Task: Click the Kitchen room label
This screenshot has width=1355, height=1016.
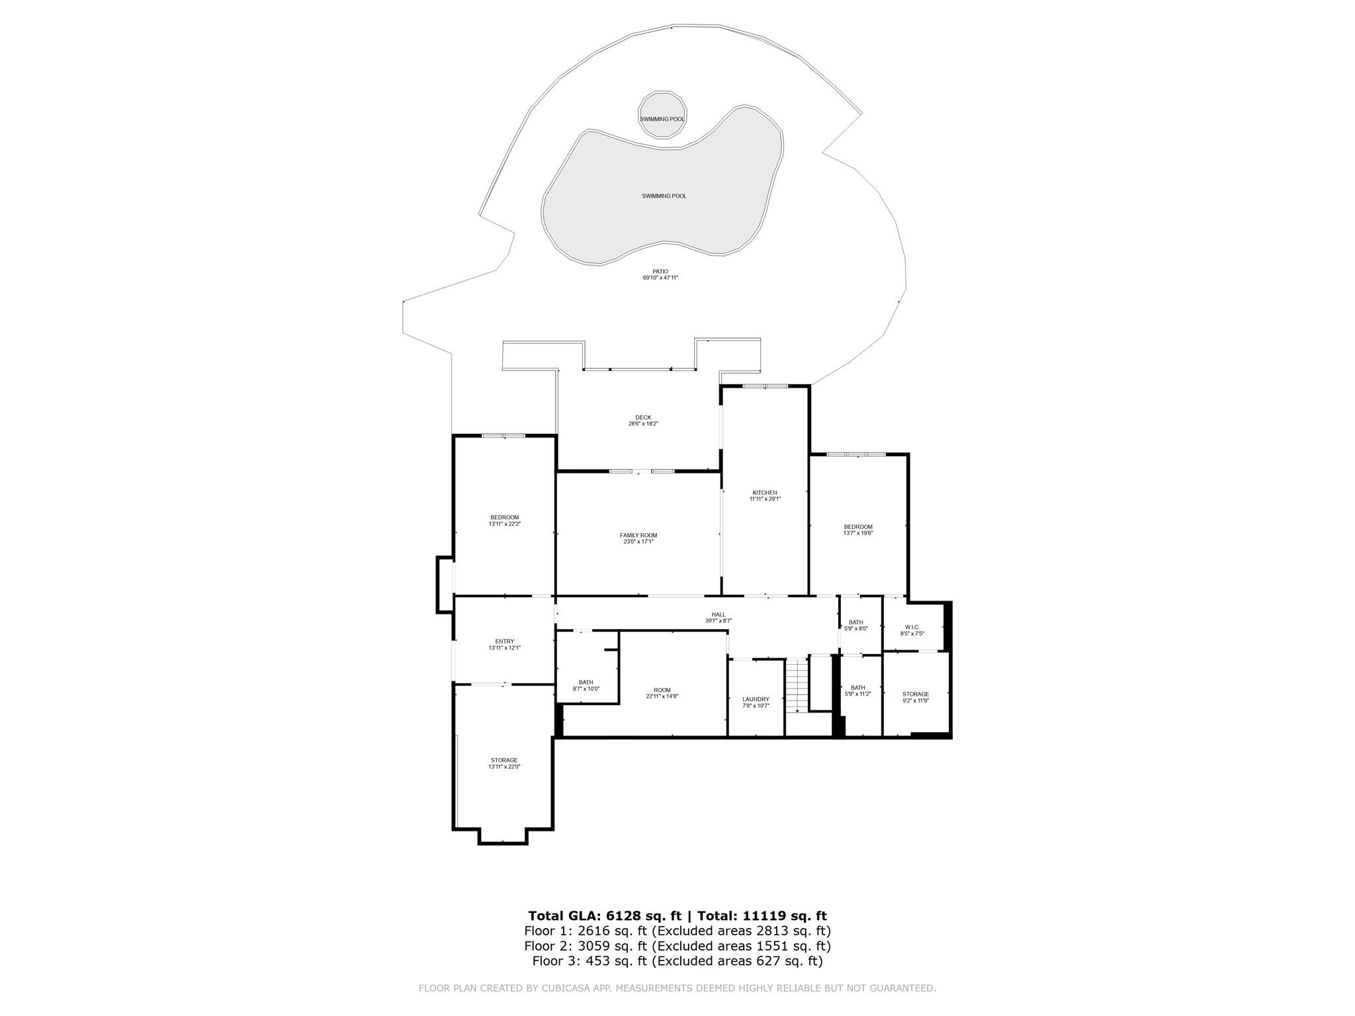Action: [764, 495]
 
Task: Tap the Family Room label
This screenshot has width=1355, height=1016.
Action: [638, 538]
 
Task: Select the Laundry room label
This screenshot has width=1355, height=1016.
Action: [756, 702]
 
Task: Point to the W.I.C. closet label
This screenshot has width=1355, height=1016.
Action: [911, 630]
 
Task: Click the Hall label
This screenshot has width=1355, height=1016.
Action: [718, 617]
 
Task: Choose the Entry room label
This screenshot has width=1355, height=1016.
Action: [504, 644]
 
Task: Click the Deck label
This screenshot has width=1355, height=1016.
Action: [642, 420]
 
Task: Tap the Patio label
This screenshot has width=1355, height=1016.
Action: [660, 275]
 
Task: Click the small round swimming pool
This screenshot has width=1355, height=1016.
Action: [662, 119]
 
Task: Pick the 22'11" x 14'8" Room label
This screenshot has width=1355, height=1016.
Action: [662, 693]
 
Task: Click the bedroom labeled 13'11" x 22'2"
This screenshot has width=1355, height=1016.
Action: [504, 520]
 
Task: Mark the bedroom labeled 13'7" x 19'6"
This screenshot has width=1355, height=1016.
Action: [857, 529]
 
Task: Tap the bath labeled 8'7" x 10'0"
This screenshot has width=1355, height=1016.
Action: [586, 685]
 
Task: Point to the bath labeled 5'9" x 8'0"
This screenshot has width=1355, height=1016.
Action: [856, 625]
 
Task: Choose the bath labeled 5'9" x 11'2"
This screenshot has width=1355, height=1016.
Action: [857, 690]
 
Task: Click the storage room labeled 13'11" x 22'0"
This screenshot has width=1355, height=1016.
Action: [503, 763]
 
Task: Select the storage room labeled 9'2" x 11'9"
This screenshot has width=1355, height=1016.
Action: [916, 697]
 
